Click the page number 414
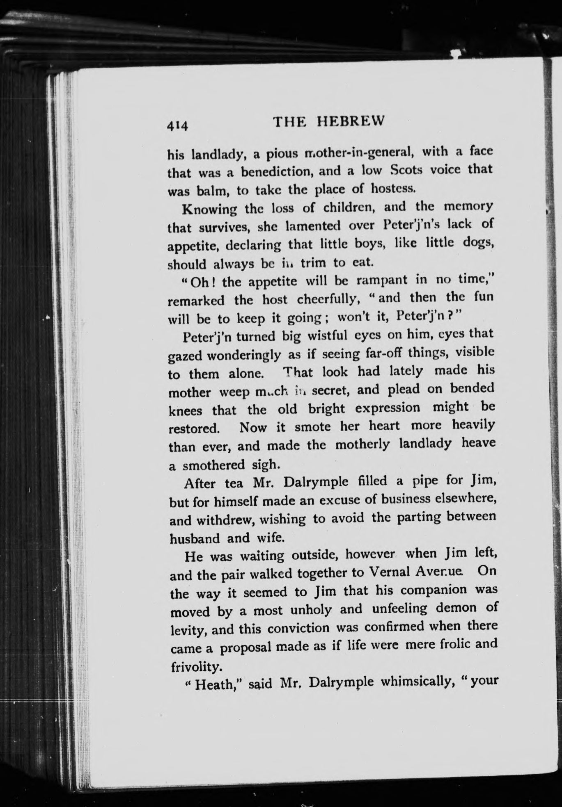177,125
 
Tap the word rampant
382,280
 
